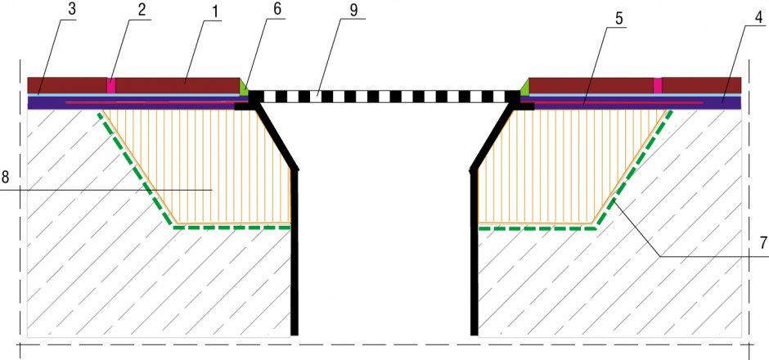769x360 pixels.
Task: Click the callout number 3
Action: coord(72,11)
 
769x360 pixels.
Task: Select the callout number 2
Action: coord(142,11)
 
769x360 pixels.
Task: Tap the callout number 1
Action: coord(214,11)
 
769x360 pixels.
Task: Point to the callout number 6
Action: coord(277,11)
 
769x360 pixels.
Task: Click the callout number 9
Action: coord(354,11)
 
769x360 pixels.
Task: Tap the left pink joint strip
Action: coord(111,85)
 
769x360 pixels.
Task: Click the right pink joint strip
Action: coord(658,85)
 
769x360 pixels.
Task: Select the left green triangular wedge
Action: coord(243,88)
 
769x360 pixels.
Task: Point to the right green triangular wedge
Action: coord(524,88)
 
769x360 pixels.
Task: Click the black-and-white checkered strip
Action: coord(384,97)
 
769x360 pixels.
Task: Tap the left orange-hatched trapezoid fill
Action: coord(206,167)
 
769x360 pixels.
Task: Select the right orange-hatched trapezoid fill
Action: coord(564,167)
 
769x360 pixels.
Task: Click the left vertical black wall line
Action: coord(295,252)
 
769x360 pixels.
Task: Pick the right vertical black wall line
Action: coord(474,252)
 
